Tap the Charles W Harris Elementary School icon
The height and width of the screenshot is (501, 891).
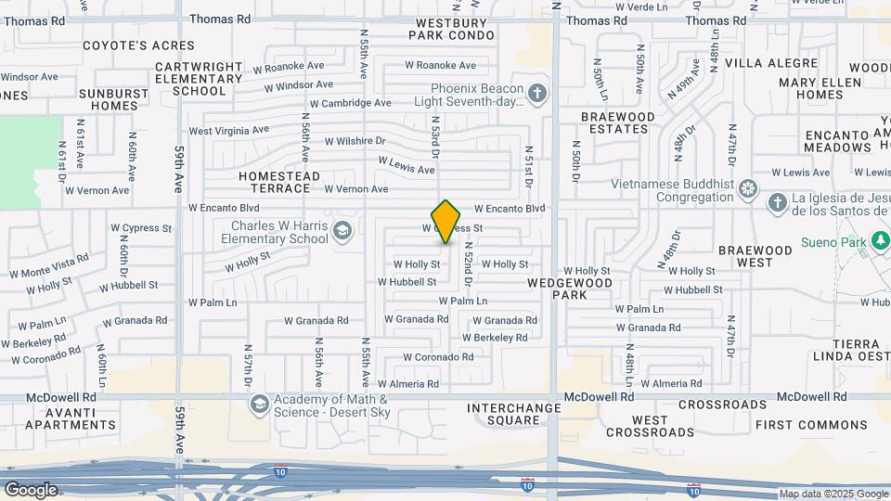point(342,230)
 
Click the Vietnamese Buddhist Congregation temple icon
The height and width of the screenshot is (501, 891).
point(748,190)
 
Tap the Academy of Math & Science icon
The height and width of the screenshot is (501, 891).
point(259,403)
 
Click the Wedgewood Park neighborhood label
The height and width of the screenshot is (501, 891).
point(570,288)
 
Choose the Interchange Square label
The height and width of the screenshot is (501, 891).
point(514,414)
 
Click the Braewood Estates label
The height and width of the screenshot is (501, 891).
point(617,122)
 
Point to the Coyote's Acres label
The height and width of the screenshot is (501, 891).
point(139,45)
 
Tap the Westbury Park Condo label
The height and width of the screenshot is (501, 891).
point(452,29)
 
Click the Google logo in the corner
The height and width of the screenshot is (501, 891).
point(31,490)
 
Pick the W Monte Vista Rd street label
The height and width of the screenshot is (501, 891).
point(49,266)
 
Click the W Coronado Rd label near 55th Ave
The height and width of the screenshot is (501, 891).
point(437,357)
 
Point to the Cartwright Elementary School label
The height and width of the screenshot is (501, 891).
point(200,79)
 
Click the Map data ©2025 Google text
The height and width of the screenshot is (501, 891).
point(833,495)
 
